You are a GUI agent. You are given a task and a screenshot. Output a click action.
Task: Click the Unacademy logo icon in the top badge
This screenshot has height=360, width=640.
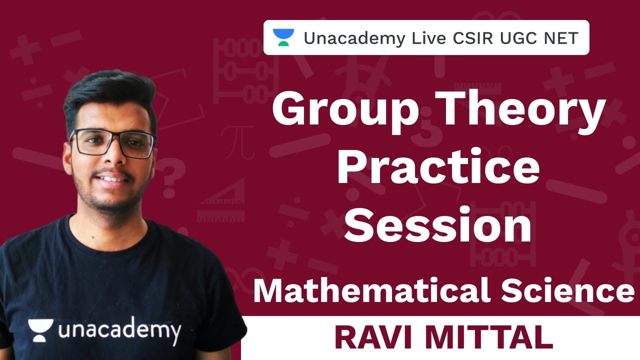pos(283,37)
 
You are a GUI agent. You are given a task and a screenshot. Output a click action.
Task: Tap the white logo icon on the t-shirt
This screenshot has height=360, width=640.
pos(40,330)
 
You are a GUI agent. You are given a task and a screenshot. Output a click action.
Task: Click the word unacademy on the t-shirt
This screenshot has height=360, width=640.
pos(119,331)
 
